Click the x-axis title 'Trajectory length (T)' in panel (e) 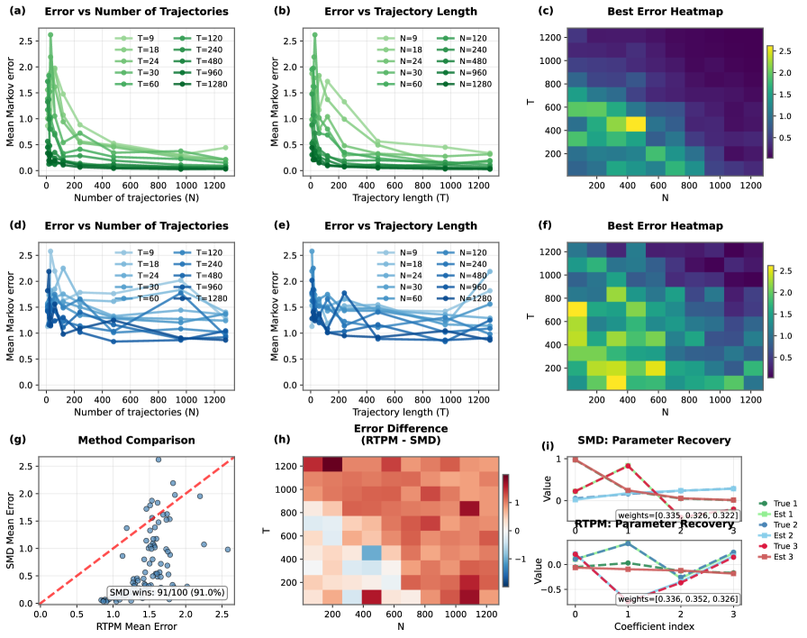[400, 404]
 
